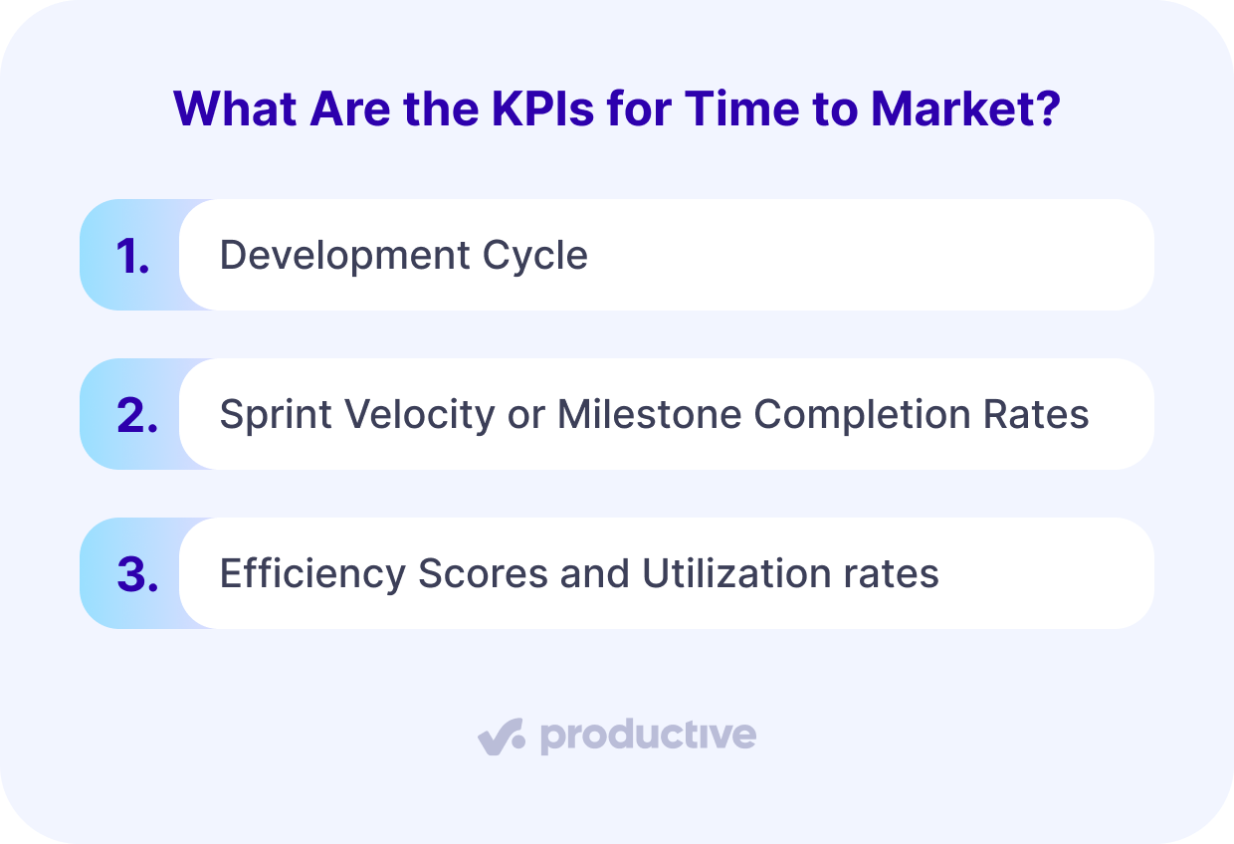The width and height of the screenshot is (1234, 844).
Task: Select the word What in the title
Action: (x=235, y=108)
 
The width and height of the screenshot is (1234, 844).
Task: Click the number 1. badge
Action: (x=132, y=256)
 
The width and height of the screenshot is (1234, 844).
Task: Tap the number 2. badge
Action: (x=136, y=415)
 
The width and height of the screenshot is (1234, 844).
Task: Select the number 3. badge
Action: (x=136, y=574)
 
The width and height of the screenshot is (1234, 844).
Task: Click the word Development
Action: (x=344, y=256)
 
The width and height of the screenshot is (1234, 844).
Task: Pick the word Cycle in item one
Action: (x=535, y=256)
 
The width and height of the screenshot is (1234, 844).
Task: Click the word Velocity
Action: (x=416, y=415)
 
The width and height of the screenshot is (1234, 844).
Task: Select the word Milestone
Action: (x=648, y=415)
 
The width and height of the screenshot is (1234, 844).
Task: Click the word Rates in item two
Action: (x=1046, y=415)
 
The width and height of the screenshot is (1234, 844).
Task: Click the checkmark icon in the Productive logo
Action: (x=501, y=738)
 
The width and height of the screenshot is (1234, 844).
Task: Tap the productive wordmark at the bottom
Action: (x=648, y=738)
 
